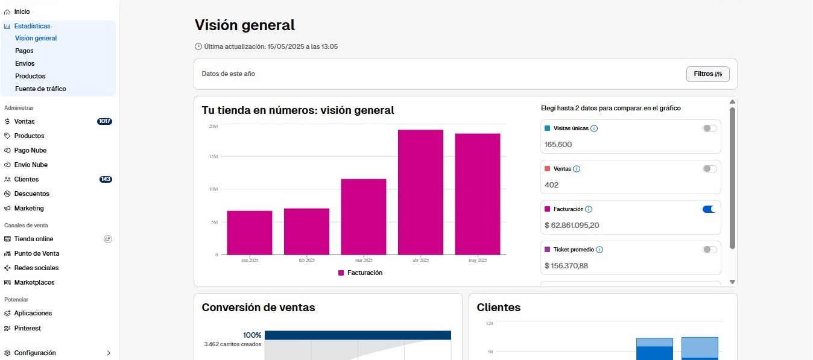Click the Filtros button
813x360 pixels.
(707, 74)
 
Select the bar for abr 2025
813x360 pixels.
(420, 192)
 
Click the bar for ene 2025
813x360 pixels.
(250, 232)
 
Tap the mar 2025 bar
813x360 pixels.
(364, 216)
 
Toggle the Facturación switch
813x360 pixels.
(709, 209)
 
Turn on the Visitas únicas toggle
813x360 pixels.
(709, 128)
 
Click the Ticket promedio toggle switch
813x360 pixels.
(709, 250)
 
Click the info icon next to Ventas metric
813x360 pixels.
(576, 169)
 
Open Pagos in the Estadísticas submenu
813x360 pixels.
(24, 51)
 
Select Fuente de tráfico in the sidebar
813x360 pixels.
(40, 89)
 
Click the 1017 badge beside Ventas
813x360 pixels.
(104, 121)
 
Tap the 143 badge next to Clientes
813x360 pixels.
(106, 179)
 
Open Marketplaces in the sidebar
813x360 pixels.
(34, 282)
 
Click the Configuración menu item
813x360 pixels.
(35, 353)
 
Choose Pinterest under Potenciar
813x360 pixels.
(27, 328)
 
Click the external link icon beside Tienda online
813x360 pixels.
(108, 239)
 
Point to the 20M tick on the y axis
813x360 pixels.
(214, 126)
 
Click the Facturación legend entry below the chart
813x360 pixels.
(361, 273)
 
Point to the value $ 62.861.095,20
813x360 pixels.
(572, 226)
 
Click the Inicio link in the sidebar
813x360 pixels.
(22, 11)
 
